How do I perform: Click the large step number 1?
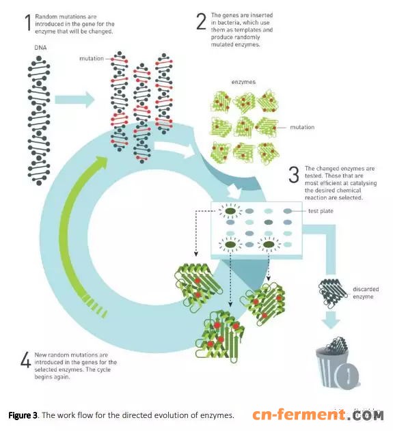pyautogui.click(x=28, y=23)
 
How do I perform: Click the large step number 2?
pyautogui.click(x=202, y=21)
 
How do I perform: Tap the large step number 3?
pyautogui.click(x=294, y=174)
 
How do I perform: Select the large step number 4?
pyautogui.click(x=25, y=360)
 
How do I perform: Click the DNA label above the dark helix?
pyautogui.click(x=40, y=48)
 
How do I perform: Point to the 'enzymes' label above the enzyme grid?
pyautogui.click(x=243, y=82)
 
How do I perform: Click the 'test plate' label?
pyautogui.click(x=321, y=211)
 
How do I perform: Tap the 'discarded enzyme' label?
pyautogui.click(x=366, y=293)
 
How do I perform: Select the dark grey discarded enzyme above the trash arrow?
pyautogui.click(x=332, y=292)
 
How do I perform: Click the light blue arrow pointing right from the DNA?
pyautogui.click(x=74, y=100)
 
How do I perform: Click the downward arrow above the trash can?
pyautogui.click(x=331, y=320)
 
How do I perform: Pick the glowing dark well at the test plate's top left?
pyautogui.click(x=230, y=211)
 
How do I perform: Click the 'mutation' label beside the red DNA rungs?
pyautogui.click(x=92, y=59)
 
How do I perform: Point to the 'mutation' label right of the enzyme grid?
pyautogui.click(x=302, y=127)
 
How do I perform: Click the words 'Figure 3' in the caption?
pyautogui.click(x=23, y=415)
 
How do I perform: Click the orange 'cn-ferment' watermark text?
pyautogui.click(x=299, y=415)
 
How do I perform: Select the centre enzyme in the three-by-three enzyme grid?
pyautogui.click(x=244, y=127)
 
